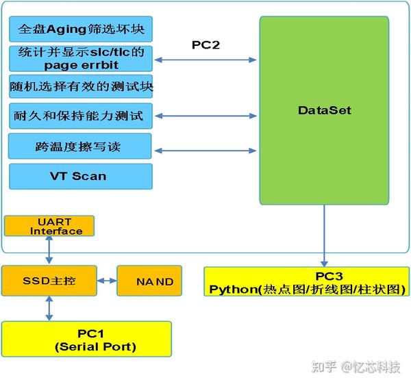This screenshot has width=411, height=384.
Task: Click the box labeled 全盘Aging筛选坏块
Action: tap(80, 31)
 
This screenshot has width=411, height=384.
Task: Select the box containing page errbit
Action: tap(80, 60)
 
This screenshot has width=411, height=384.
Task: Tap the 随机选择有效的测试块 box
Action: tap(80, 88)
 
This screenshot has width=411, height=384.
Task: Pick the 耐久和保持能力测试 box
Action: tap(80, 116)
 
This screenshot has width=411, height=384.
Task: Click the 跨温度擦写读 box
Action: tap(80, 146)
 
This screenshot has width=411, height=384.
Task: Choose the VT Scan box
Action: tap(80, 176)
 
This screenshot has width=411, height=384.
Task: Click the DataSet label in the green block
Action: tap(325, 110)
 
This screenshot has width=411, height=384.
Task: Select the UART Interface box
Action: tap(49, 227)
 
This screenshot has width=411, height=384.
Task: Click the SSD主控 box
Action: tap(49, 281)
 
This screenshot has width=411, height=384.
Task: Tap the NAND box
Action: tap(150, 281)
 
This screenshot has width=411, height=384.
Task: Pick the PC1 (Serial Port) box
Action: tap(86, 340)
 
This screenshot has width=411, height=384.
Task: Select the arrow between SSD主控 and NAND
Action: tap(106, 281)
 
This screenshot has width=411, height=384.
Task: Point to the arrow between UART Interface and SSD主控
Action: tap(49, 251)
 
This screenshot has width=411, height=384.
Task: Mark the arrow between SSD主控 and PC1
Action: tap(49, 309)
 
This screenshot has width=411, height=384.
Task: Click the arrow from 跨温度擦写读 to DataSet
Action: tap(206, 151)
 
